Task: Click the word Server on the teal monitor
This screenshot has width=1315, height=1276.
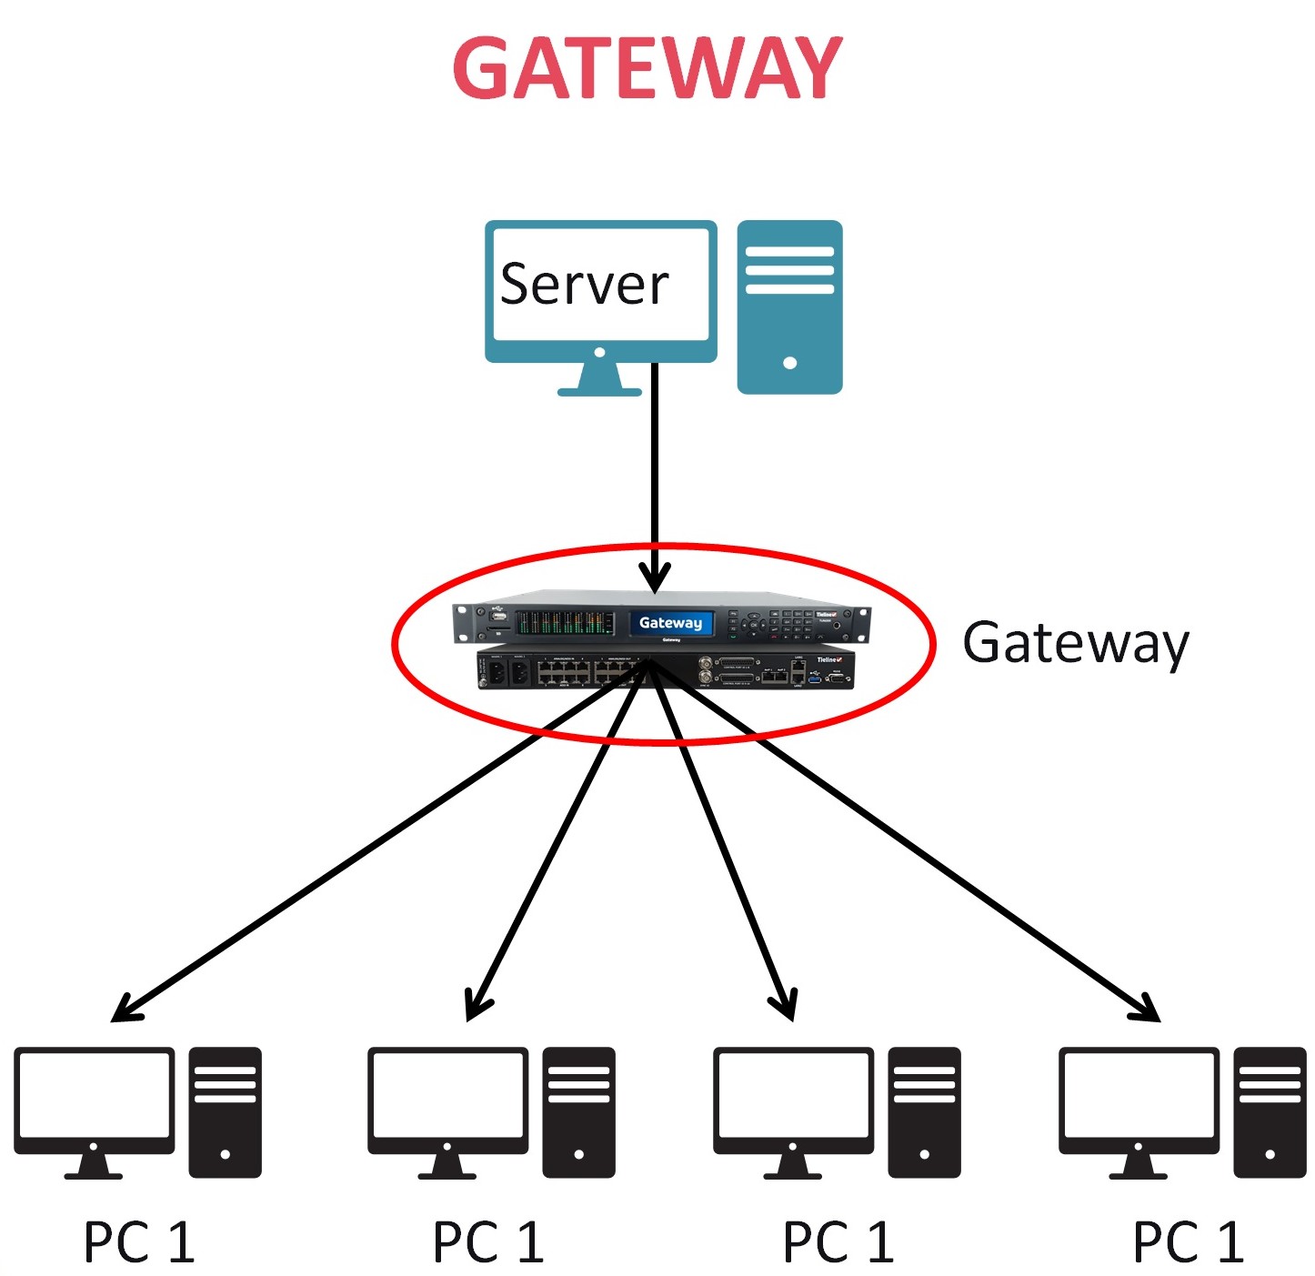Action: tap(584, 285)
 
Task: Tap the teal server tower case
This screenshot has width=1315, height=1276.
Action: tap(788, 306)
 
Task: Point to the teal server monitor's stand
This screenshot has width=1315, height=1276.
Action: tap(599, 379)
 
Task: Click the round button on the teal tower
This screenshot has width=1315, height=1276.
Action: tap(789, 363)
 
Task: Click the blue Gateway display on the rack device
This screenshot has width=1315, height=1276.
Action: tap(670, 623)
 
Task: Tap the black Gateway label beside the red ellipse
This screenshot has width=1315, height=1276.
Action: tap(1075, 644)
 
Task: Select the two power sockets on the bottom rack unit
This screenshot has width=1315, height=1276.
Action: tap(507, 673)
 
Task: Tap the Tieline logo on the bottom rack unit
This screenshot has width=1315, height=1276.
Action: tap(828, 659)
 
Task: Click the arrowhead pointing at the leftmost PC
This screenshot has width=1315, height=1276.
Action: tap(124, 1011)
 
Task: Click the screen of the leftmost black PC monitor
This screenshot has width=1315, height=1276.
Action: tap(94, 1094)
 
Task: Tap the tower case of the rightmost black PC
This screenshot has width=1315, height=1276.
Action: tap(1270, 1112)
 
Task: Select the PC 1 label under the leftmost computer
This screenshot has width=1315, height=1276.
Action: tap(139, 1242)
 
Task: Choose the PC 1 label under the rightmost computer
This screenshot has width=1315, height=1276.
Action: tap(1188, 1242)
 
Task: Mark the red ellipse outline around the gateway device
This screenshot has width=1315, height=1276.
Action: tap(393, 644)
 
